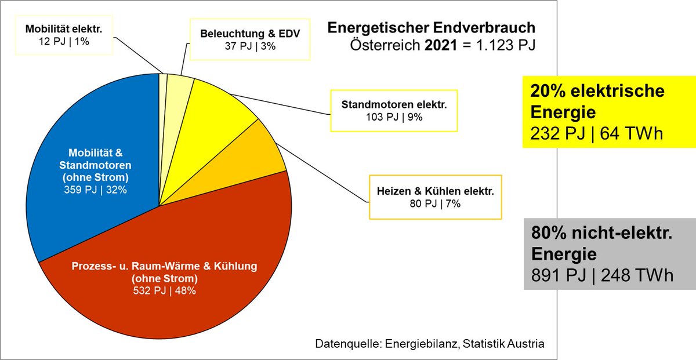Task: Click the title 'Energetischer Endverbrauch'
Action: tap(432, 28)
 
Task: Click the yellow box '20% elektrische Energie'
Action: tap(600, 112)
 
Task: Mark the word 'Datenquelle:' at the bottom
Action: tap(346, 344)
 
